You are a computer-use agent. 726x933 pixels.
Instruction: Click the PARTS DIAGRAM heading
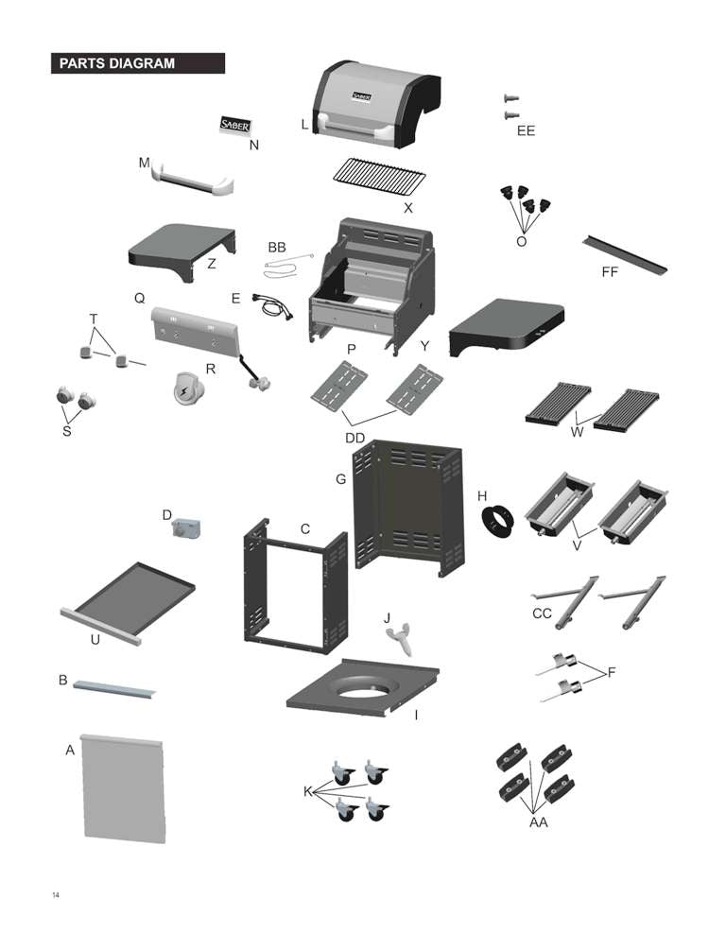tap(117, 63)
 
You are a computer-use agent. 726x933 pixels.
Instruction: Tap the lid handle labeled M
tap(194, 177)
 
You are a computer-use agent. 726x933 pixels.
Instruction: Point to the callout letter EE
tap(526, 131)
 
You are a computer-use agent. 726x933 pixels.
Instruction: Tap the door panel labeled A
tap(125, 789)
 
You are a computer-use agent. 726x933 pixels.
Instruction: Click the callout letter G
tap(341, 479)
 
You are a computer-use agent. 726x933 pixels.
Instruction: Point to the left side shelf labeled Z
tap(181, 247)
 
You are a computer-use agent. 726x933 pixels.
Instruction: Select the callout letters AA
tap(538, 823)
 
